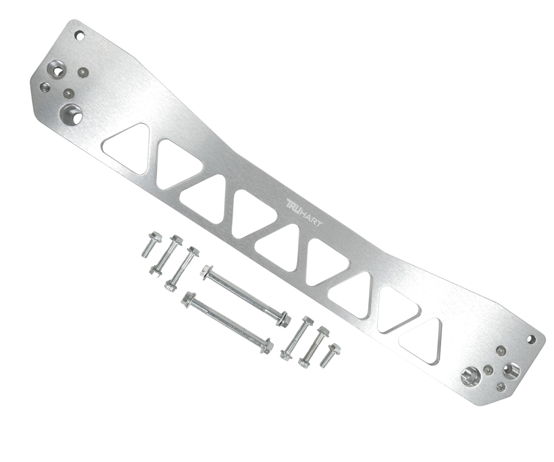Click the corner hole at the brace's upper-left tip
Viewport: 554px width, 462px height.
point(80,35)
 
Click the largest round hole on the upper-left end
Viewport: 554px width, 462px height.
point(71,113)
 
